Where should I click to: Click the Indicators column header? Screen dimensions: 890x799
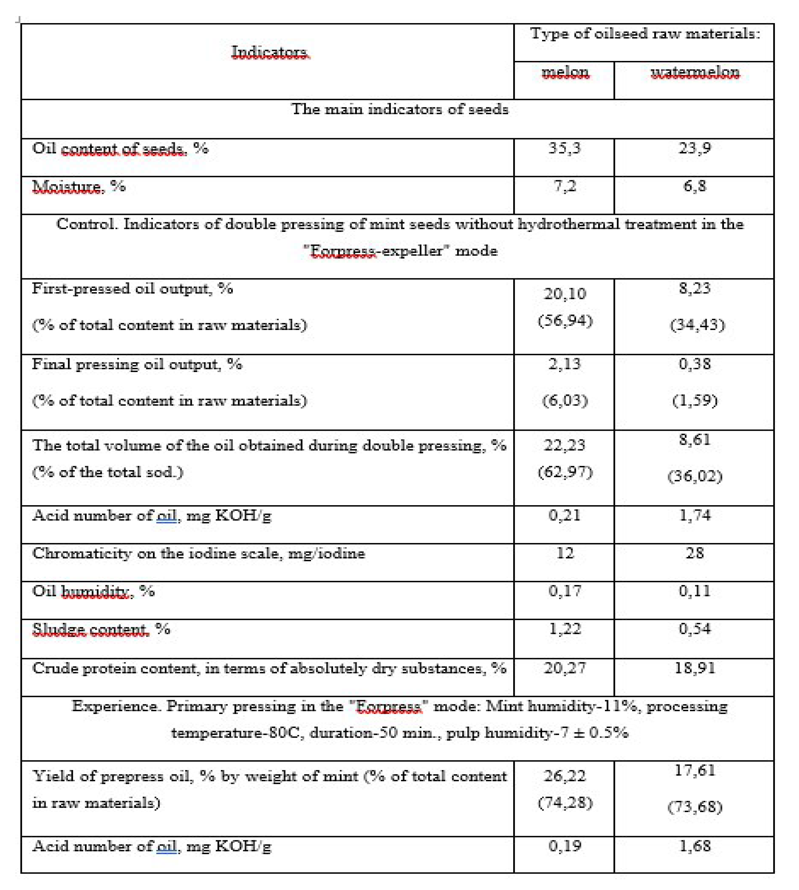270,52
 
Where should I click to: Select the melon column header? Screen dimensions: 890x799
565,72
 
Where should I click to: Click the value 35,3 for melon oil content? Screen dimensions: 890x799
565,148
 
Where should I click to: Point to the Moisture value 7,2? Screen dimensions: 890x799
565,186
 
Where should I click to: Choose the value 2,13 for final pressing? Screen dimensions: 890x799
565,364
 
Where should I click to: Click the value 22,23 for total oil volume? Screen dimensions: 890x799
565,445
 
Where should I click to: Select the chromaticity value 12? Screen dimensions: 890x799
565,553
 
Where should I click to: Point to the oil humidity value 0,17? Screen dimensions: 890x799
565,591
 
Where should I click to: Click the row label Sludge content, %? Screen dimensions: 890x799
101,629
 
